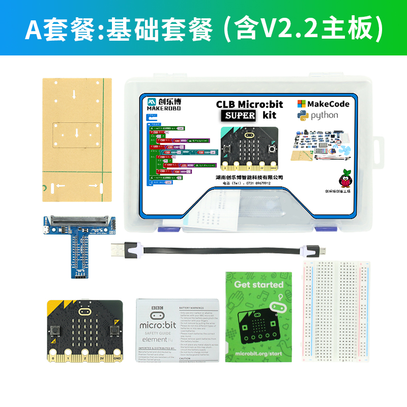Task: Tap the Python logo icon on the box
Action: [303, 115]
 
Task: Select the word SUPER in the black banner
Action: [240, 115]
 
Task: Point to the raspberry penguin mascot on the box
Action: [346, 179]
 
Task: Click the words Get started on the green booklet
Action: [258, 284]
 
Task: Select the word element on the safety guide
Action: [154, 339]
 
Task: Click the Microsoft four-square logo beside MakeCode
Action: [302, 104]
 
